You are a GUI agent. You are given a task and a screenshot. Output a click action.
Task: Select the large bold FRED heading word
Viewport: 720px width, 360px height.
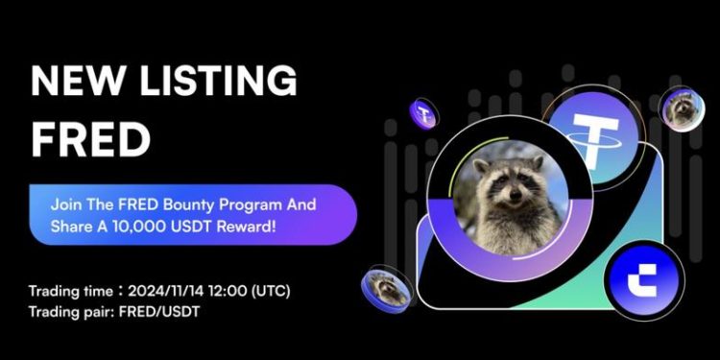[90, 140]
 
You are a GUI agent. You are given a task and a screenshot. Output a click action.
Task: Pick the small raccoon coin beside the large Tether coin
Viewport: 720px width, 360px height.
[683, 108]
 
